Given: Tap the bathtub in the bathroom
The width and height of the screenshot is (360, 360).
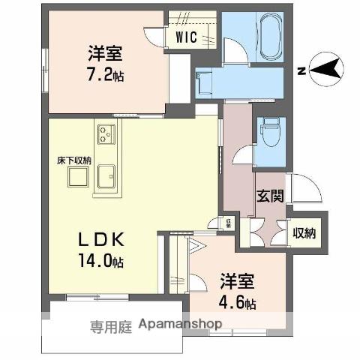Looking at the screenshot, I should [268, 37].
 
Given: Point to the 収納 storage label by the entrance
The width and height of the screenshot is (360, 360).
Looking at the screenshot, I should [304, 232].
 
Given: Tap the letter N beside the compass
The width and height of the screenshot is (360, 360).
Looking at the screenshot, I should [299, 71].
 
